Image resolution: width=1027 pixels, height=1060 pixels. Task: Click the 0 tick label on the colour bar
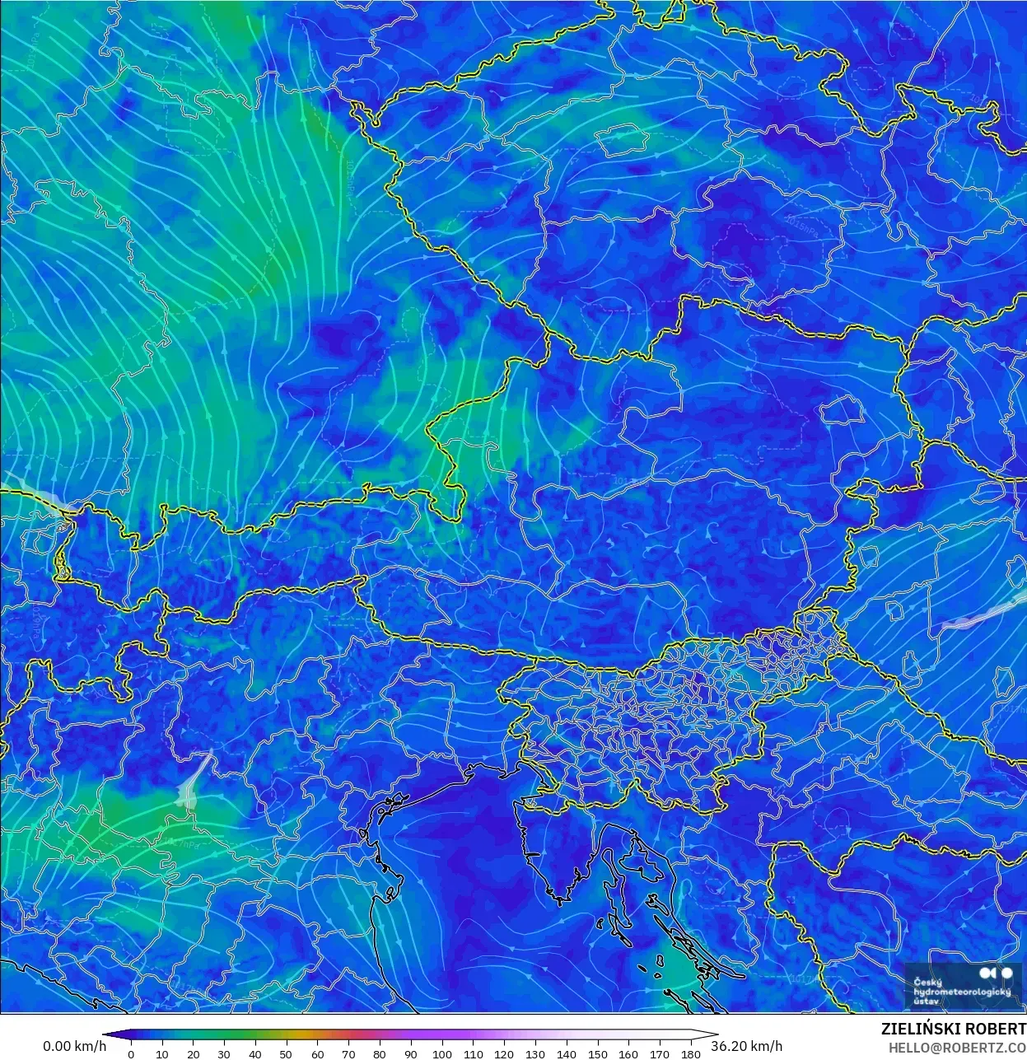click(131, 1053)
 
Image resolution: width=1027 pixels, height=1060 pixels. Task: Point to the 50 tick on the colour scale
click(286, 1053)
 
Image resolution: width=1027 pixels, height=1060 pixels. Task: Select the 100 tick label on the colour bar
click(441, 1053)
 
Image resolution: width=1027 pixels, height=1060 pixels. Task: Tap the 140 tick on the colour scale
click(566, 1053)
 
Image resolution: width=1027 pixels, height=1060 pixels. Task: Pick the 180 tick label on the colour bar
click(690, 1053)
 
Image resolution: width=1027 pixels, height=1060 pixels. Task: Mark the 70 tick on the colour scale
click(348, 1053)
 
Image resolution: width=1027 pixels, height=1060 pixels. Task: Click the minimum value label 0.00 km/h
click(74, 1046)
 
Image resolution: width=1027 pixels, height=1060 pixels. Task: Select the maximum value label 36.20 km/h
click(747, 1046)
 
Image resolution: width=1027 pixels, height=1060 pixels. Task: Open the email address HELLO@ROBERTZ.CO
click(957, 1047)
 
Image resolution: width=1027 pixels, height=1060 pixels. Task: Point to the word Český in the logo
click(928, 982)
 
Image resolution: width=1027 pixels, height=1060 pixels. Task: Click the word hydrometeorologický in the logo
click(962, 992)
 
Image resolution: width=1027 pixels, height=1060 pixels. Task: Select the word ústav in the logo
click(926, 1002)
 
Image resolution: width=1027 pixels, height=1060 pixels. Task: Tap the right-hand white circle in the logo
click(1006, 974)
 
